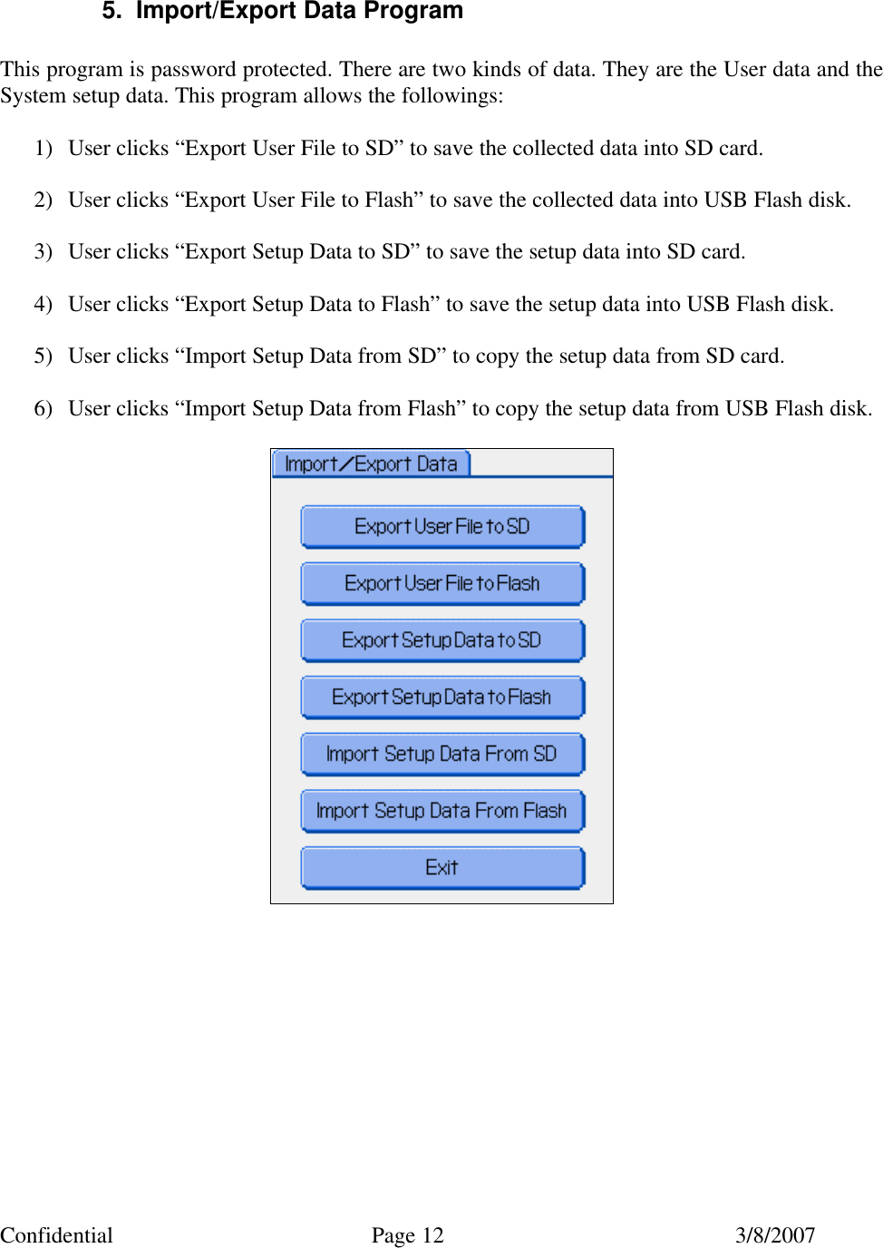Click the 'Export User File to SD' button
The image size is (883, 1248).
[442, 527]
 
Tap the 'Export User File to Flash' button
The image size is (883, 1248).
[442, 584]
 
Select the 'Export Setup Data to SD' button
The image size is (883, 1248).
[442, 640]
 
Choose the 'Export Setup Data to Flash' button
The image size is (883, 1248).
[442, 697]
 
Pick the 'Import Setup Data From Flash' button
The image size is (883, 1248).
[442, 811]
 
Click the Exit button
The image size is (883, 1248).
[442, 868]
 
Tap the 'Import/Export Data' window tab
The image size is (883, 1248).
[371, 464]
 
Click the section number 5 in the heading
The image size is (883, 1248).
[111, 11]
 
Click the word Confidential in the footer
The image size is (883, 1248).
[56, 1235]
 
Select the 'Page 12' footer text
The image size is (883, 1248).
[408, 1235]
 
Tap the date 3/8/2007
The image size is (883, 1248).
[775, 1235]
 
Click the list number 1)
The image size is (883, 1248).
[44, 148]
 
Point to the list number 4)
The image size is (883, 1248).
[44, 304]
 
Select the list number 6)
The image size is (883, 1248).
[44, 408]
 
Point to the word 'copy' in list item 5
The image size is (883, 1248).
[497, 356]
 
